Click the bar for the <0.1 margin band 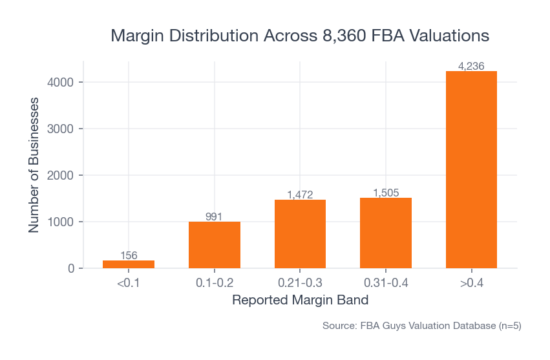[x=129, y=264]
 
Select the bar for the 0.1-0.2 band [x=215, y=245]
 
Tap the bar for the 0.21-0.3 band [x=300, y=234]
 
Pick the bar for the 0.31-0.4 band [x=386, y=233]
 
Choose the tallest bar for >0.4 [x=471, y=169]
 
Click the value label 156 [x=129, y=255]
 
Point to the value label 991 [x=215, y=217]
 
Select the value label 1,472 [x=300, y=195]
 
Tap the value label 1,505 [x=386, y=193]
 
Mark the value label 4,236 [x=471, y=66]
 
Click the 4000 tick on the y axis [x=61, y=82]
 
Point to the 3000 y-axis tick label [x=61, y=129]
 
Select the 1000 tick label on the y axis [x=61, y=222]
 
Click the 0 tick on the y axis [x=71, y=268]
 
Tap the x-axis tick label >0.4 [x=471, y=283]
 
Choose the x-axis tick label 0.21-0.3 [x=300, y=283]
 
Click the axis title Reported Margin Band [x=300, y=300]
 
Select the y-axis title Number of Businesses [x=34, y=165]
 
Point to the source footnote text [x=421, y=326]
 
